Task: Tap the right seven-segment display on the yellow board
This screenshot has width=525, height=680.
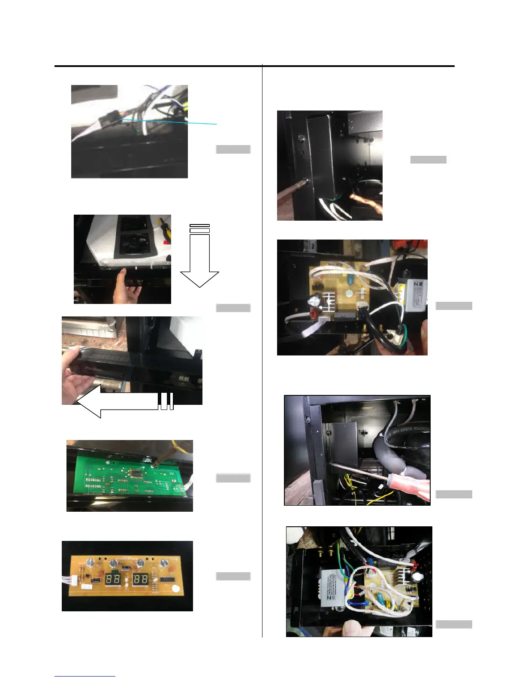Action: pos(141,579)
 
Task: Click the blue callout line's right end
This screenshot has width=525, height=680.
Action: pos(217,124)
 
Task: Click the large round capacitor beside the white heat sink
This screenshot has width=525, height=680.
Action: pos(314,303)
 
